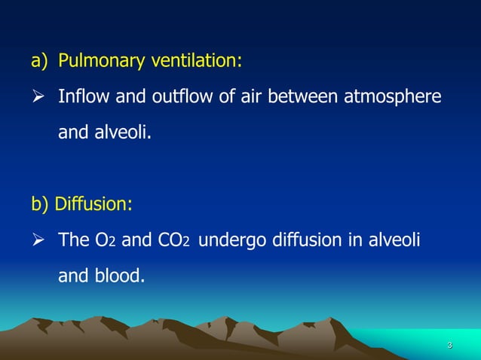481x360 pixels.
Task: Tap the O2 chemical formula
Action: point(104,241)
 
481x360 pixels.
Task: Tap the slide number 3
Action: point(449,345)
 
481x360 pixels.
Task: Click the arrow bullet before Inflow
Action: point(38,98)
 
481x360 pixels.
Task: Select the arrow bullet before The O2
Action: point(38,242)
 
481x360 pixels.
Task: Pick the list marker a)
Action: point(39,61)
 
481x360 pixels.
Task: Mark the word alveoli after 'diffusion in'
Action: point(393,241)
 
